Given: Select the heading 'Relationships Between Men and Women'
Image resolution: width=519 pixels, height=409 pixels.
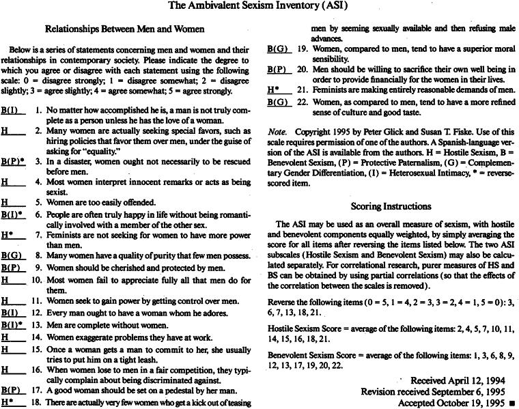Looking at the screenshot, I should [x=126, y=30].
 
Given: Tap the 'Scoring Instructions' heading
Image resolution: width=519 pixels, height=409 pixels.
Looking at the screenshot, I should [x=391, y=206].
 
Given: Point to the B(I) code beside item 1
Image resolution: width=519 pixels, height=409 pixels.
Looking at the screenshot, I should [x=11, y=109].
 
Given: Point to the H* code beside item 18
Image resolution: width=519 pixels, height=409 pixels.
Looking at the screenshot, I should [x=9, y=402].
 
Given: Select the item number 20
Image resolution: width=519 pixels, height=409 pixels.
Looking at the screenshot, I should [x=300, y=70].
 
